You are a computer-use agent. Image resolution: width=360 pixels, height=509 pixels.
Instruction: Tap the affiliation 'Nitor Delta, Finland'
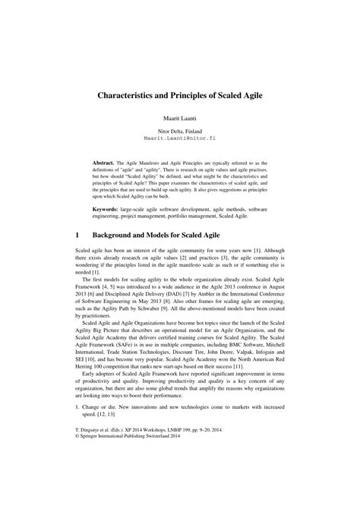(x=180, y=131)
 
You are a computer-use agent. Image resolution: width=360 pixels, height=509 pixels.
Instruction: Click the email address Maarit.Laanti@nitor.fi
(x=180, y=139)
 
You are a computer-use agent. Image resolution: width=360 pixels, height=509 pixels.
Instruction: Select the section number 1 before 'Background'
(x=77, y=237)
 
